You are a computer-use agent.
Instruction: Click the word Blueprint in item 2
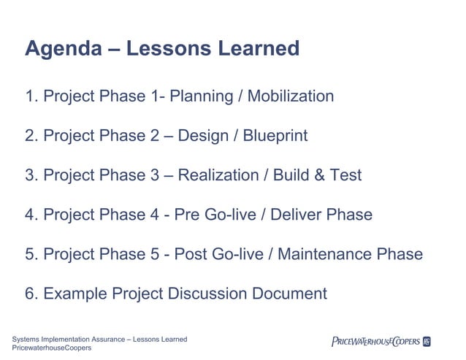click(275, 136)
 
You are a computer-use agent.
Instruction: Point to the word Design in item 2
click(202, 136)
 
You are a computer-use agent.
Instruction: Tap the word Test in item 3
click(345, 175)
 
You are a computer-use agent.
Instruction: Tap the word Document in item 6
click(290, 294)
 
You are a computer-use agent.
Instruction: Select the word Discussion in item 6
click(207, 294)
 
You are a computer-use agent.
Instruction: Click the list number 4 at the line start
click(30, 215)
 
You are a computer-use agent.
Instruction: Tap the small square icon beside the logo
click(427, 341)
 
